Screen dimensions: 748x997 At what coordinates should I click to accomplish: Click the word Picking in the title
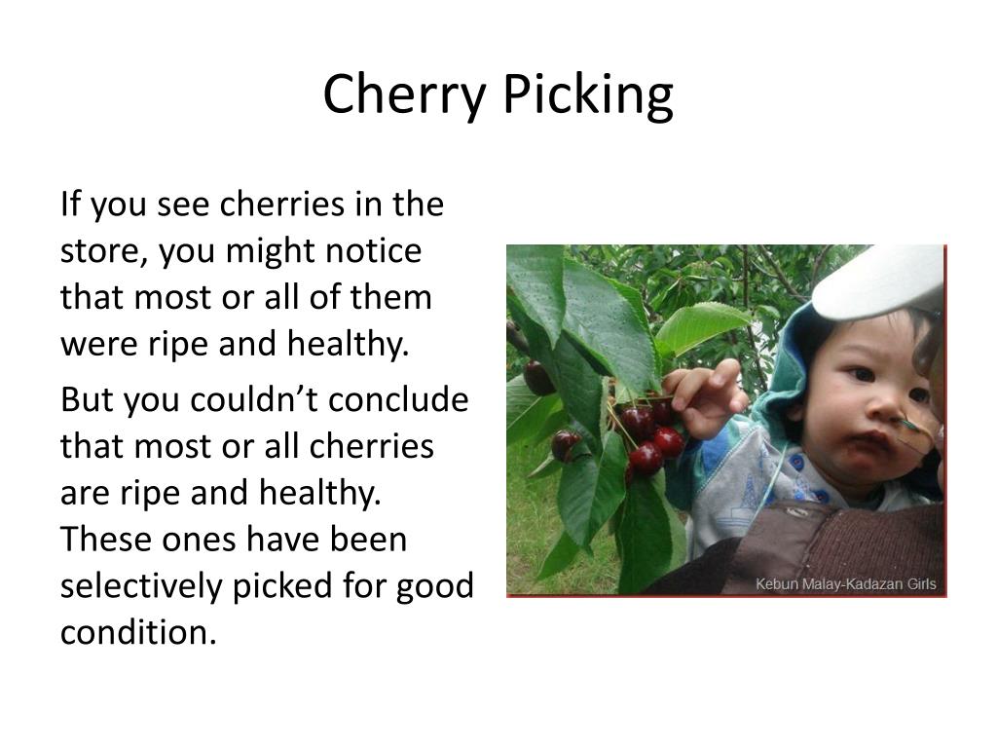pyautogui.click(x=587, y=95)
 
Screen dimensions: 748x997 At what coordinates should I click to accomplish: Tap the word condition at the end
pyautogui.click(x=135, y=633)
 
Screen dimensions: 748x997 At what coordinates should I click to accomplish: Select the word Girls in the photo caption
pyautogui.click(x=917, y=584)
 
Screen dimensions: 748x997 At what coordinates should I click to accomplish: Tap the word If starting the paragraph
pyautogui.click(x=71, y=206)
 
